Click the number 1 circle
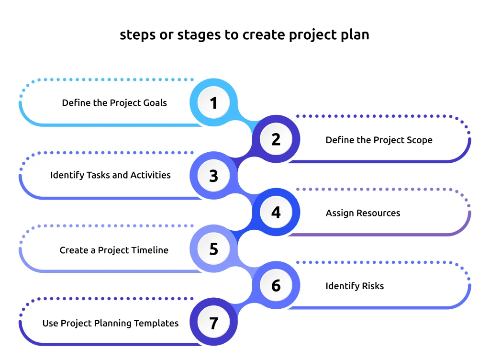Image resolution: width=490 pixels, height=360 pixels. (x=213, y=103)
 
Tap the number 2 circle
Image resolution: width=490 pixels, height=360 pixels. (x=276, y=139)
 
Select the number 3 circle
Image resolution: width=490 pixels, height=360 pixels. (x=213, y=176)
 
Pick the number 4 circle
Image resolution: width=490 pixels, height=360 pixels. (x=276, y=212)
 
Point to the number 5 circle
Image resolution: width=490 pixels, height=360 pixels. (x=213, y=249)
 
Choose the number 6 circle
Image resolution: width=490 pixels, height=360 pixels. (x=276, y=285)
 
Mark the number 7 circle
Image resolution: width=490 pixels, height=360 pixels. (x=213, y=322)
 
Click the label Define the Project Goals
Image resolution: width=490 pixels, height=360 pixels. (x=114, y=103)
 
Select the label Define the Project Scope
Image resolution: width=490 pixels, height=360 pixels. (x=379, y=140)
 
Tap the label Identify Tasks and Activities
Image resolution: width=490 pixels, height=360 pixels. (x=111, y=175)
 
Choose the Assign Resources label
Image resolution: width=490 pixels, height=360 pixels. (x=363, y=213)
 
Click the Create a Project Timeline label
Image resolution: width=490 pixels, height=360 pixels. (x=114, y=250)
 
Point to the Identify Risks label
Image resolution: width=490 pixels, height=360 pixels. (x=355, y=286)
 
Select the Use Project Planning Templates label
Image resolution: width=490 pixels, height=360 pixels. (x=111, y=323)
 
